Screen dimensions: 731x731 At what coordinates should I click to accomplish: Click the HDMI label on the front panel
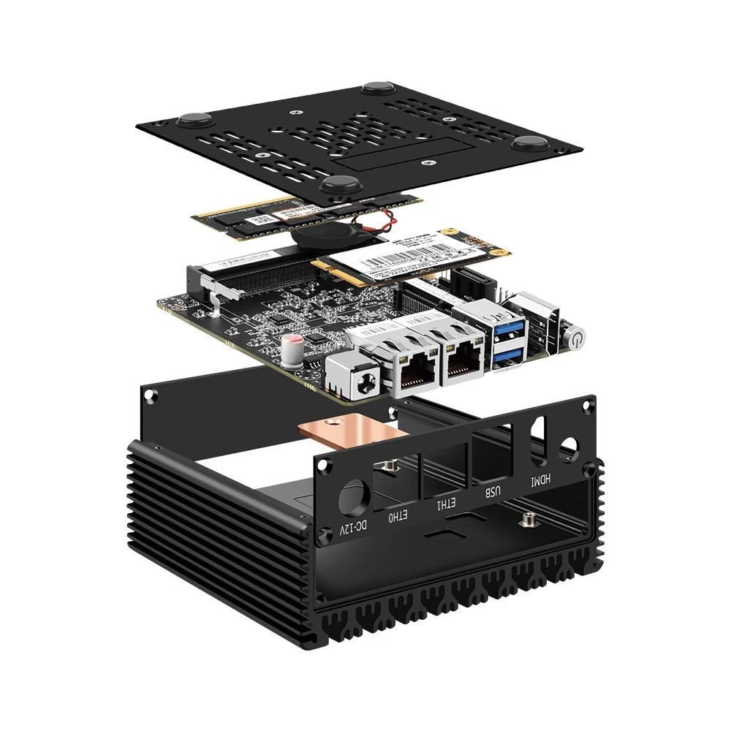click(542, 481)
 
